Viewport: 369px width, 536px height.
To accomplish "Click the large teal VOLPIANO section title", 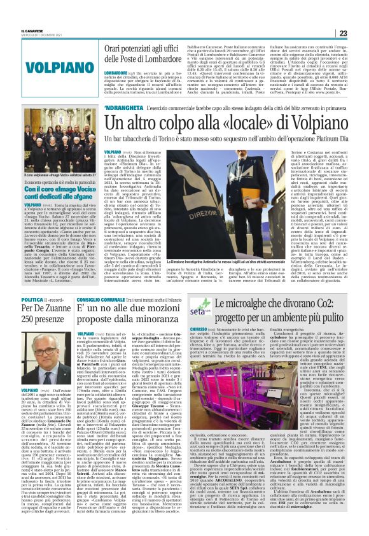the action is pyautogui.click(x=48, y=65).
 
